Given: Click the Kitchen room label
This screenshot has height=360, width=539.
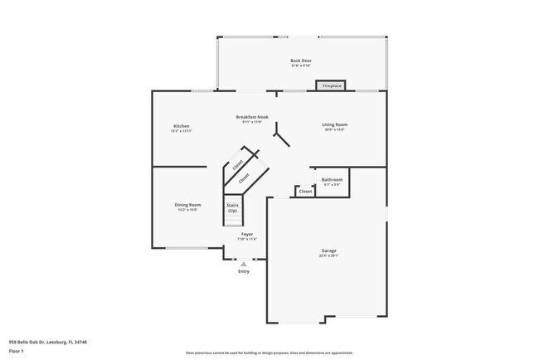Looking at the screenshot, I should pyautogui.click(x=182, y=125).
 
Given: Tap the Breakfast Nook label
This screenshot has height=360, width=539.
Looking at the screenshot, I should pyautogui.click(x=251, y=118).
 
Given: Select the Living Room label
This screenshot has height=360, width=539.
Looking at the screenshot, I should pyautogui.click(x=334, y=124).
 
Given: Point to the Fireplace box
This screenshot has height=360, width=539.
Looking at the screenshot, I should pyautogui.click(x=333, y=85).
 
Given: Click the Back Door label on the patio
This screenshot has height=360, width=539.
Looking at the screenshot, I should pyautogui.click(x=300, y=61).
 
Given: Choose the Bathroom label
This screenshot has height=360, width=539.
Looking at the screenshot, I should pyautogui.click(x=332, y=179).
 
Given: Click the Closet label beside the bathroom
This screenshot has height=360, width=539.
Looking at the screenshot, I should pyautogui.click(x=305, y=191).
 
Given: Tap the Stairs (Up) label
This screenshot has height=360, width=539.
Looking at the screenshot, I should pyautogui.click(x=233, y=207).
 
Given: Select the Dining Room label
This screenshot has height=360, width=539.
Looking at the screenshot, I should pyautogui.click(x=187, y=205).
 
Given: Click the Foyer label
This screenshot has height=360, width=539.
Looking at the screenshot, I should pyautogui.click(x=247, y=235).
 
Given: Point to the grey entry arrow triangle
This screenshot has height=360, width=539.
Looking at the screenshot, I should pyautogui.click(x=243, y=264).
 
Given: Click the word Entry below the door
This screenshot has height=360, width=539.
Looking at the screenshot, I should pyautogui.click(x=244, y=271).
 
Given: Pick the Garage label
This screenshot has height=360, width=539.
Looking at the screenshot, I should pyautogui.click(x=328, y=251).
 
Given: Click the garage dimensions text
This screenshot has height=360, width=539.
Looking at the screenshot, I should pyautogui.click(x=328, y=255).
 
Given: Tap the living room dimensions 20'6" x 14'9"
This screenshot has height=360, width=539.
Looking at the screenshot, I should pyautogui.click(x=334, y=130).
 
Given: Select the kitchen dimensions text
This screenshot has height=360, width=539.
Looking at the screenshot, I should pyautogui.click(x=182, y=131).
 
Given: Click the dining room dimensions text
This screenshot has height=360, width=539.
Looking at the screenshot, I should pyautogui.click(x=187, y=210).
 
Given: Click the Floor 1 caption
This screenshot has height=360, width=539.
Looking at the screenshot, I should pyautogui.click(x=17, y=350).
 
